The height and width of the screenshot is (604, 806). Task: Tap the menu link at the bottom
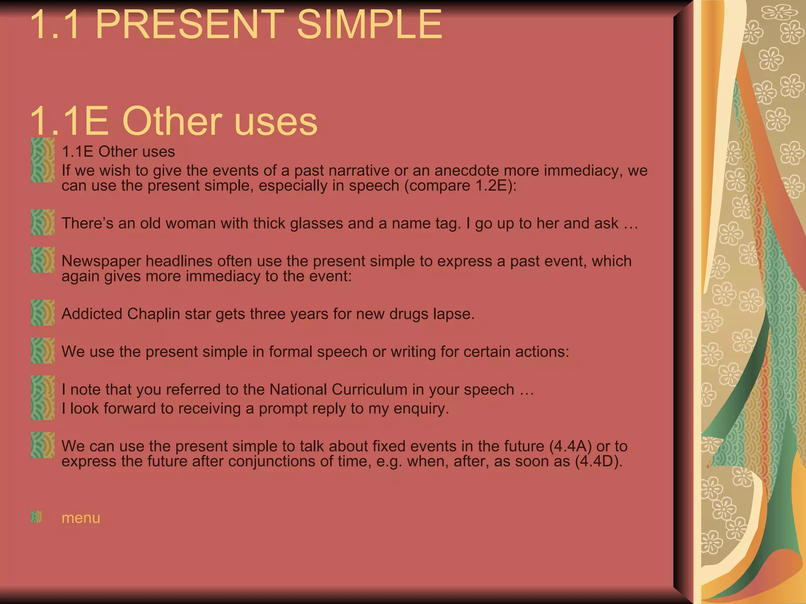pyautogui.click(x=81, y=518)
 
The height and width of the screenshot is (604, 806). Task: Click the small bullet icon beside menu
pyautogui.click(x=36, y=517)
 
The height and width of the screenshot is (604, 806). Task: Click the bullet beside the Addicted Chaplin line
pyautogui.click(x=43, y=313)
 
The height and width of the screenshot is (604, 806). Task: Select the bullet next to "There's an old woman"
pyautogui.click(x=43, y=222)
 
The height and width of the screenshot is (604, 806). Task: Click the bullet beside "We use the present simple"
pyautogui.click(x=43, y=350)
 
